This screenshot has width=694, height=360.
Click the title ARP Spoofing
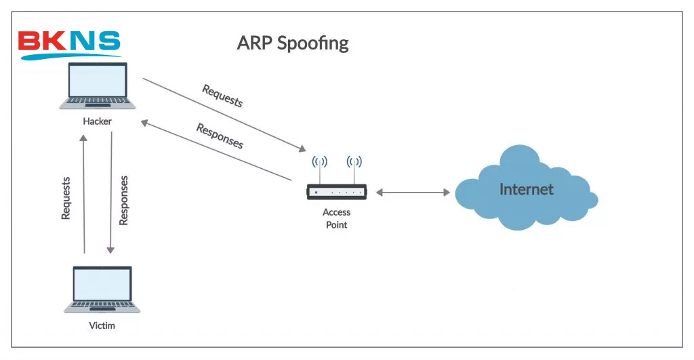(x=292, y=43)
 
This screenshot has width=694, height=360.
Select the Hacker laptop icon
(x=98, y=85)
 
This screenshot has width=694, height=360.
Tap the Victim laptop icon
(x=102, y=289)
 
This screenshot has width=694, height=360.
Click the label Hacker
(x=97, y=121)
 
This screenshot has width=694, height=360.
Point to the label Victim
(x=102, y=325)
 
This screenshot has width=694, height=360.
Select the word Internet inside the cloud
(x=526, y=189)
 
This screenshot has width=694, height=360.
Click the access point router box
(x=337, y=193)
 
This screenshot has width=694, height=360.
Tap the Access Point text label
(x=337, y=218)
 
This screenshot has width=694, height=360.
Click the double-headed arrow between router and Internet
(x=413, y=193)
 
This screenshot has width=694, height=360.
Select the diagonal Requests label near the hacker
(x=222, y=96)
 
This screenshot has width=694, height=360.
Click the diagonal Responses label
(x=220, y=136)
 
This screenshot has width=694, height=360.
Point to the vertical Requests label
(x=66, y=198)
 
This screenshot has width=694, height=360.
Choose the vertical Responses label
(x=123, y=200)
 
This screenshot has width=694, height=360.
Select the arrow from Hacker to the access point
(x=224, y=115)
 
